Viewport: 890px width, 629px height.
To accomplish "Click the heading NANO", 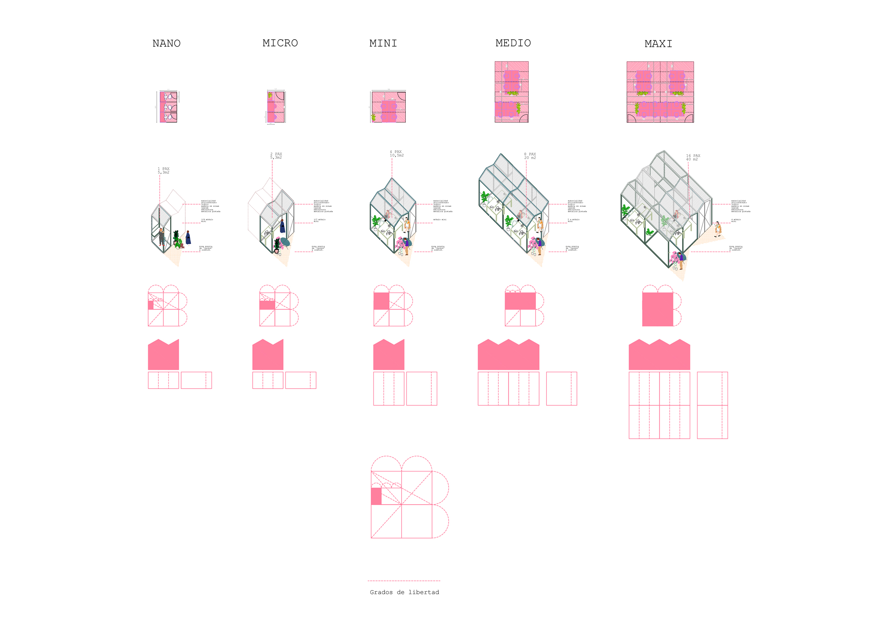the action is coord(166,43).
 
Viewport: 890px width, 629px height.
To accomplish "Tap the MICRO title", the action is coord(280,43).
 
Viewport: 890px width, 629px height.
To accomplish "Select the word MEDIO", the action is coord(513,43).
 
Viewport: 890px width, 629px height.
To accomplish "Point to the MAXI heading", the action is coord(658,44).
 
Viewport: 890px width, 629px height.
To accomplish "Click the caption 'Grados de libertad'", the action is coord(404,592).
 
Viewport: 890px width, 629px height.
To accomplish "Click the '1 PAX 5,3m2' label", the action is coord(164,171).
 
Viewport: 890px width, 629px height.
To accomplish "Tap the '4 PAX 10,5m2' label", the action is coord(396,153).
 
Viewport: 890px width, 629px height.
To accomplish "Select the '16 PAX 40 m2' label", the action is coord(693,157).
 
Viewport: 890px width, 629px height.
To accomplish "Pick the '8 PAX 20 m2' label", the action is coord(530,156).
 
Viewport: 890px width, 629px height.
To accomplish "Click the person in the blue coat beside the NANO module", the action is coord(188,237).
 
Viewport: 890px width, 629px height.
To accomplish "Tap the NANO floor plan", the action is coord(168,107).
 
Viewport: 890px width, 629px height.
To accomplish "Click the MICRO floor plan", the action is coord(276,107).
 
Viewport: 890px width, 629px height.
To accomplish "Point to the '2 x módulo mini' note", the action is coord(573,221).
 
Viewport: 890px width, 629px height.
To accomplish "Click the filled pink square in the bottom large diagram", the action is coord(376,496).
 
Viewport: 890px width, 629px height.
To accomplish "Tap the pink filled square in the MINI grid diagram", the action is coord(381,301).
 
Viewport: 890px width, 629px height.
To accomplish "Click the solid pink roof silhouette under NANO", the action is coord(163,355).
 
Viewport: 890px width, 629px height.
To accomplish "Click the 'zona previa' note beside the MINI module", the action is coord(438,248).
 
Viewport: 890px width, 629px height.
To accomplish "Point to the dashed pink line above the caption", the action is coord(404,581).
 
